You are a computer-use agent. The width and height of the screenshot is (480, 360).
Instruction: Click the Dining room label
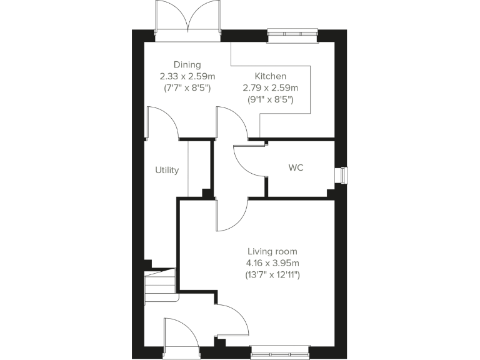[x=187, y=64]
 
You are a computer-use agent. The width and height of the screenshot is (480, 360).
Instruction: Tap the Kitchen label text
[x=270, y=76]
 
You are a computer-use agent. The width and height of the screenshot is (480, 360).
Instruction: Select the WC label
[x=296, y=169]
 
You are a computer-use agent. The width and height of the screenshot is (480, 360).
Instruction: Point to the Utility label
[x=167, y=170]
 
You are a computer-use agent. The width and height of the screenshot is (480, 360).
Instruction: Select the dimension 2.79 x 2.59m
[x=270, y=87]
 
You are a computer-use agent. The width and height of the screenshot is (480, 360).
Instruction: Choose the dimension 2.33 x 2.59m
[x=187, y=76]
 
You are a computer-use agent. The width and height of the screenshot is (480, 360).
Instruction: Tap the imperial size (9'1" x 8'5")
[x=270, y=99]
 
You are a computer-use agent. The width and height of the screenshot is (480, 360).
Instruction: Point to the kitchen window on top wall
[x=292, y=36]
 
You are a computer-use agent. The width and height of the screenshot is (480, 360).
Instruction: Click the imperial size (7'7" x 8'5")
[x=187, y=87]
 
